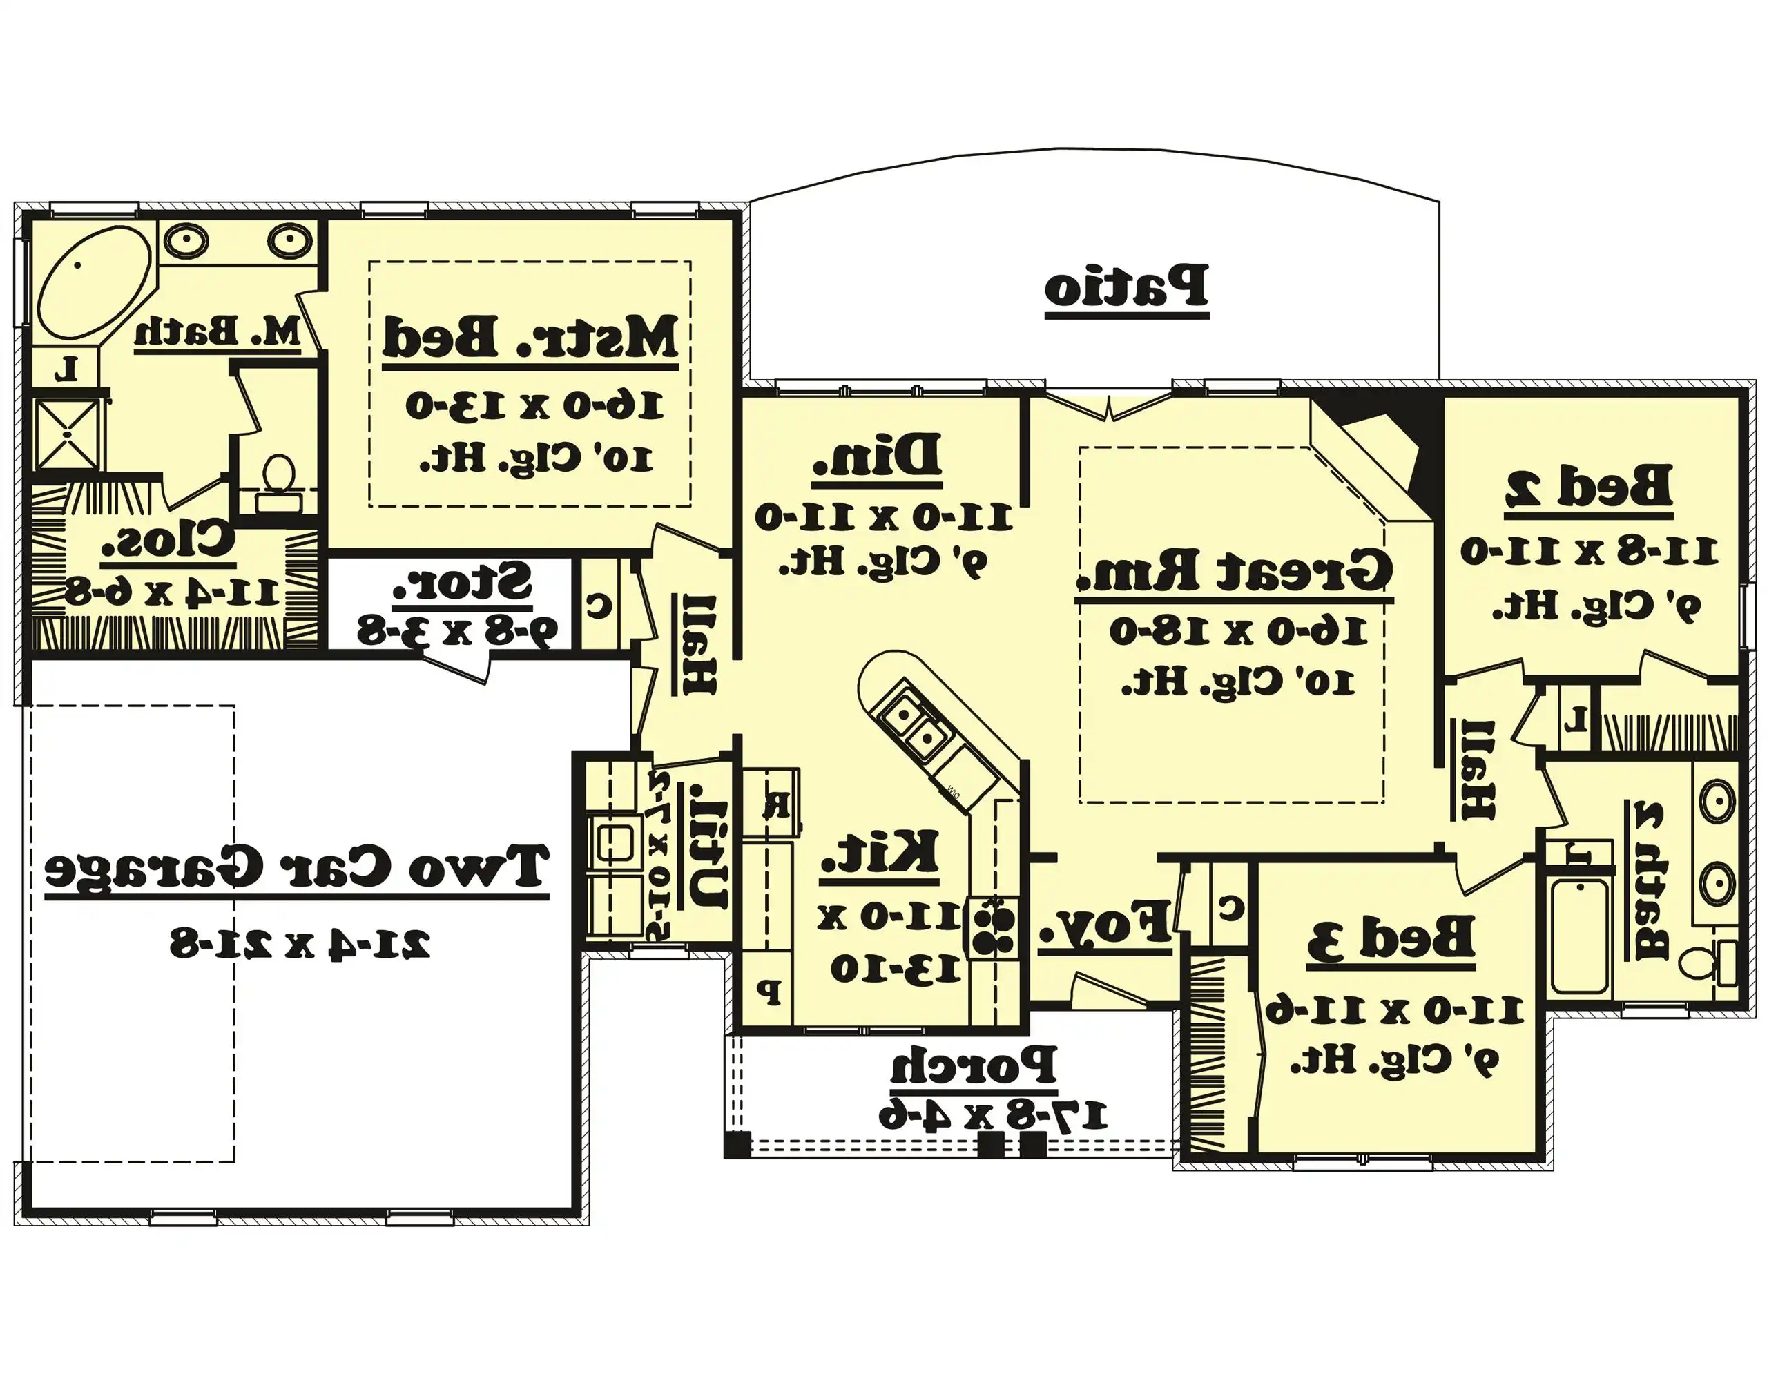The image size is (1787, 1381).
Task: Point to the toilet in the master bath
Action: click(279, 479)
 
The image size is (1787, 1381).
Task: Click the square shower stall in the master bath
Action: click(67, 433)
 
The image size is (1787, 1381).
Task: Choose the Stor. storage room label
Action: click(463, 583)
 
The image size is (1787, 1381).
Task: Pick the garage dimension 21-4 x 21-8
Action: click(300, 943)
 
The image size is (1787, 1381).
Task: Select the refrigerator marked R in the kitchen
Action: click(771, 804)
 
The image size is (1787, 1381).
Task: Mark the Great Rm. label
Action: click(1233, 570)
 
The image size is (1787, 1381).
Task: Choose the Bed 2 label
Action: click(1588, 487)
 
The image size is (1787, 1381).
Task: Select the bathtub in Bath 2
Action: click(1580, 934)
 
